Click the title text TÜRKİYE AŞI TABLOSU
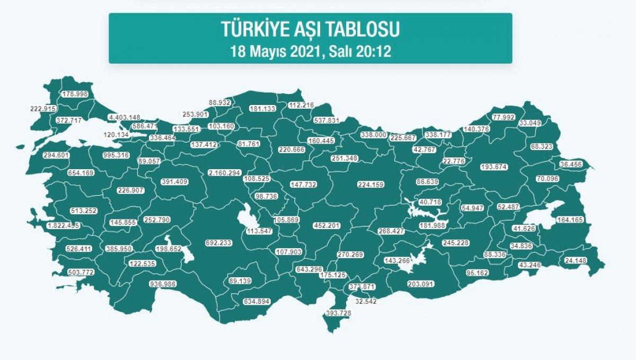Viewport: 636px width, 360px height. pyautogui.click(x=310, y=30)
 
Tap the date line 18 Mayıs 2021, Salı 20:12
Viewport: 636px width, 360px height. pyautogui.click(x=310, y=52)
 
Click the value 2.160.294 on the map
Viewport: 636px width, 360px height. pyautogui.click(x=225, y=173)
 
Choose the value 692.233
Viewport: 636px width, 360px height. pyautogui.click(x=218, y=243)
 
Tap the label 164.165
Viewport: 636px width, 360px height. pyautogui.click(x=571, y=219)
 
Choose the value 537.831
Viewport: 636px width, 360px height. pyautogui.click(x=323, y=120)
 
